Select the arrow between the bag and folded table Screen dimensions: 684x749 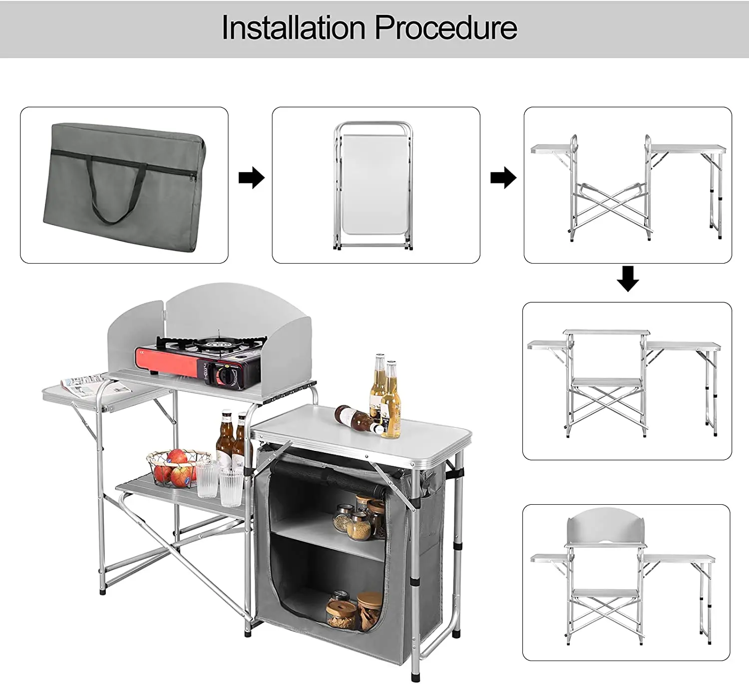(251, 177)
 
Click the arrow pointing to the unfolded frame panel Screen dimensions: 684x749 (503, 177)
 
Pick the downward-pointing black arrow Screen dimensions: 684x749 (628, 279)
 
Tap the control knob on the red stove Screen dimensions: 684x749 (228, 374)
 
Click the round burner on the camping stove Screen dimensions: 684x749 (216, 344)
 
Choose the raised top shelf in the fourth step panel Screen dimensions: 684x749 (607, 332)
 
